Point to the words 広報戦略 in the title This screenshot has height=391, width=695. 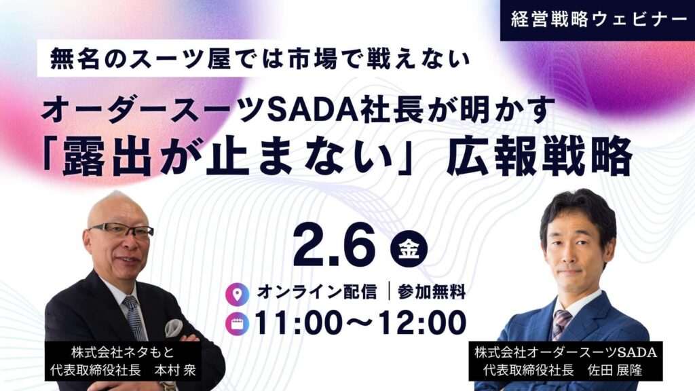point(539,159)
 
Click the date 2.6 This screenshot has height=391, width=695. point(335,248)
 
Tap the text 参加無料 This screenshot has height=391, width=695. point(432,293)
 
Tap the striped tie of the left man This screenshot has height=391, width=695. point(134,319)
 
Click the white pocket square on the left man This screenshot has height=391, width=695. point(174,327)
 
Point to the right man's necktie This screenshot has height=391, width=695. point(561,323)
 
